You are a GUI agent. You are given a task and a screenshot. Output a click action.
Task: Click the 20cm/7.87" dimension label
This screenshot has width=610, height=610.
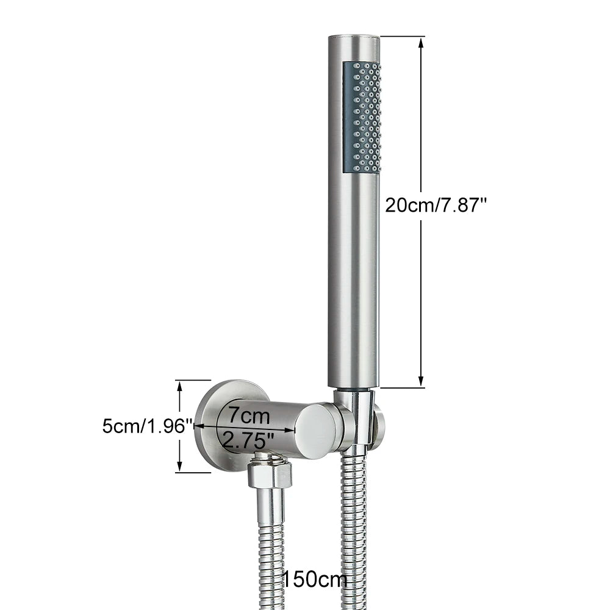(436, 204)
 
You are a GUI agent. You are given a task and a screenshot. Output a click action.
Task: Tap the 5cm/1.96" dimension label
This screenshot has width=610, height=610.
(148, 426)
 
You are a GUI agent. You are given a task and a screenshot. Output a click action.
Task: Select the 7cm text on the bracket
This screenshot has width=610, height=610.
(249, 415)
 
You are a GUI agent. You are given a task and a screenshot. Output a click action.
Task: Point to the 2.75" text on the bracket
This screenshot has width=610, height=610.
(249, 441)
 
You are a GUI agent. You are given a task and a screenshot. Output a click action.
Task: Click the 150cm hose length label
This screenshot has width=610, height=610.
(314, 579)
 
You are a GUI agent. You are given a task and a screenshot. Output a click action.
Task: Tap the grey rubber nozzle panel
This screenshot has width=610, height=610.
(362, 117)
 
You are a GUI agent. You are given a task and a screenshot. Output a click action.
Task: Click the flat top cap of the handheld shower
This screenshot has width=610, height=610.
(354, 37)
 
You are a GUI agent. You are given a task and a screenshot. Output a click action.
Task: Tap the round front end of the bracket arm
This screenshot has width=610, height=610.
(315, 431)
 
